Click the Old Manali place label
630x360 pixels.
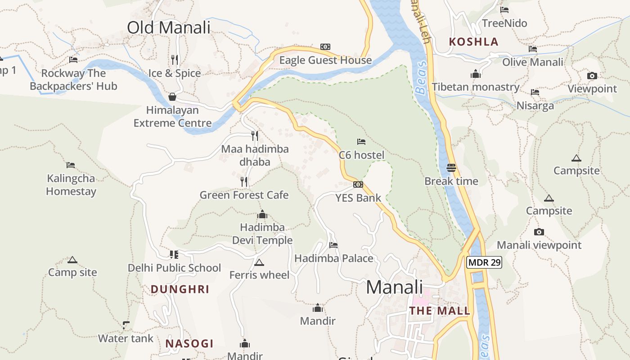coord(169,27)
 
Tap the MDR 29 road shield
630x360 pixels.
coord(484,262)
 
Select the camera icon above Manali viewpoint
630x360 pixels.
coord(539,232)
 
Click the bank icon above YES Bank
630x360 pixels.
coord(358,184)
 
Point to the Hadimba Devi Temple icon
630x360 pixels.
coord(262,214)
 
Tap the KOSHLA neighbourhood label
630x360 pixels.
coord(474,42)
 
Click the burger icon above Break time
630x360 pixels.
coord(451,168)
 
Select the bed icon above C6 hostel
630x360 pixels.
coord(361,142)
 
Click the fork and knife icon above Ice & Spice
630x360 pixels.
coord(175,59)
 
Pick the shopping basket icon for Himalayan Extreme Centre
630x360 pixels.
coord(172,97)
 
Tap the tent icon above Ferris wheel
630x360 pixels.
coord(259,262)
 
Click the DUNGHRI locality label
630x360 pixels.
coord(180,289)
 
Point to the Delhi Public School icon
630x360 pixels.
coord(174,255)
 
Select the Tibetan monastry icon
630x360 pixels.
coord(476,74)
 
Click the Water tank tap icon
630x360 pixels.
coord(126,325)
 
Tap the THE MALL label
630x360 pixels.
coord(440,310)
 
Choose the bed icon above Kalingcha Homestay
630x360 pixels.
coord(71,165)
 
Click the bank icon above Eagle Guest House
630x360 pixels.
coord(325,47)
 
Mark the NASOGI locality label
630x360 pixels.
coord(189,344)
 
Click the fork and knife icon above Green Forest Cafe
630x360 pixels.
coord(244,182)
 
